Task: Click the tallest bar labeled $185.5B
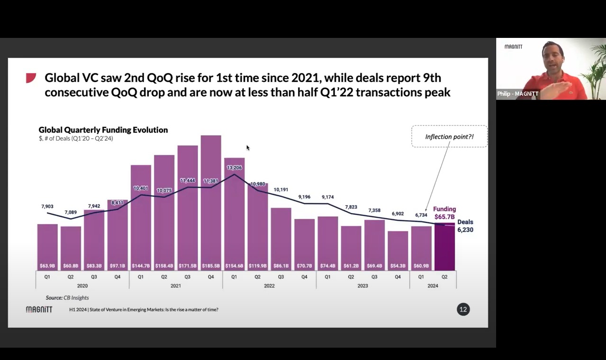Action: click(211, 199)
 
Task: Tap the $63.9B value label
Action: click(47, 266)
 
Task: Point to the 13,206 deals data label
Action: click(235, 168)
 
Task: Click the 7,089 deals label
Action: click(71, 212)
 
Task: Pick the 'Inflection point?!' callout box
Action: click(449, 136)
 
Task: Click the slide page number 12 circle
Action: click(463, 309)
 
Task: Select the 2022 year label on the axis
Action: click(269, 286)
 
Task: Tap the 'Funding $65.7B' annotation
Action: click(444, 213)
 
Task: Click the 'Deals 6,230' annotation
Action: click(465, 226)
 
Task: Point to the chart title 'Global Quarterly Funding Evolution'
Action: click(103, 130)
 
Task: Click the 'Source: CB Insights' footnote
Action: click(67, 297)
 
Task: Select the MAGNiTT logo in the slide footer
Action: click(39, 309)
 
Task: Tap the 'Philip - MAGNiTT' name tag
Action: click(517, 94)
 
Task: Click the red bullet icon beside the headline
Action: click(31, 78)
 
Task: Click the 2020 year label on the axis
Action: click(82, 286)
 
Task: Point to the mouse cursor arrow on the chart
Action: click(248, 148)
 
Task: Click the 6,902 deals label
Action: click(398, 214)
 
